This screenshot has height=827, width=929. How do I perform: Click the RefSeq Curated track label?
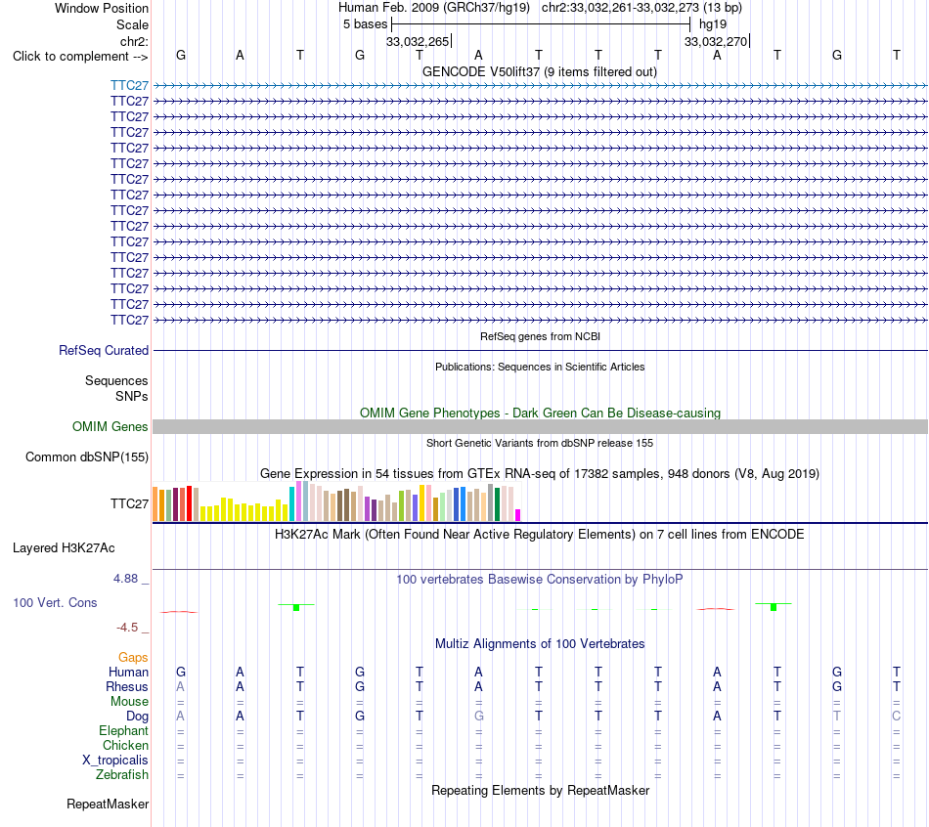pos(104,350)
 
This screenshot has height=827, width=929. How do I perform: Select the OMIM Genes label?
pos(111,426)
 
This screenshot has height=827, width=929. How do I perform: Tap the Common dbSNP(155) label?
pos(87,457)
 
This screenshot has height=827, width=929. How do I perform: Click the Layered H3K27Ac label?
pos(64,548)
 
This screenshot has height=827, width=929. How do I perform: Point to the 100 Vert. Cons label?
pos(55,602)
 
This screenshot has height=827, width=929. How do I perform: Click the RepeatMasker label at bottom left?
pos(108,804)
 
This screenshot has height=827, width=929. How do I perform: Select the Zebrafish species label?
pos(122,774)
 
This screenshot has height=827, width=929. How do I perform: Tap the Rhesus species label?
pos(127,686)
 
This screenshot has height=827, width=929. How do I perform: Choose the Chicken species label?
pos(125,745)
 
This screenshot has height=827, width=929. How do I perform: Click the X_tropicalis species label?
pos(115,761)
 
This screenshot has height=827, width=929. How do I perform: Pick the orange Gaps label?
pos(133,657)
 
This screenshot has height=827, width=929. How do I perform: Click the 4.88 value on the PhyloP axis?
pos(125,578)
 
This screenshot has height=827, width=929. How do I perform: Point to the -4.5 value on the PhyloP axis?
pos(127,627)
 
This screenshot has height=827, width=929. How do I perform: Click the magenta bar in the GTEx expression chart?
pos(518,515)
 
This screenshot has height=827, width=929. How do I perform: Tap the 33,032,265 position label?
pos(418,41)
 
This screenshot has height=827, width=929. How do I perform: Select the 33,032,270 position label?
pos(716,41)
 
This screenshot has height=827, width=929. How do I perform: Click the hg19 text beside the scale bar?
pos(713,24)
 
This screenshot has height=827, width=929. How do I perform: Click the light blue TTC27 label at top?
pos(129,85)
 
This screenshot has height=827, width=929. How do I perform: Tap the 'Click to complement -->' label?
pos(80,57)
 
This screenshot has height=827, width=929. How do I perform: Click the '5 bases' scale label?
pos(365,24)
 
